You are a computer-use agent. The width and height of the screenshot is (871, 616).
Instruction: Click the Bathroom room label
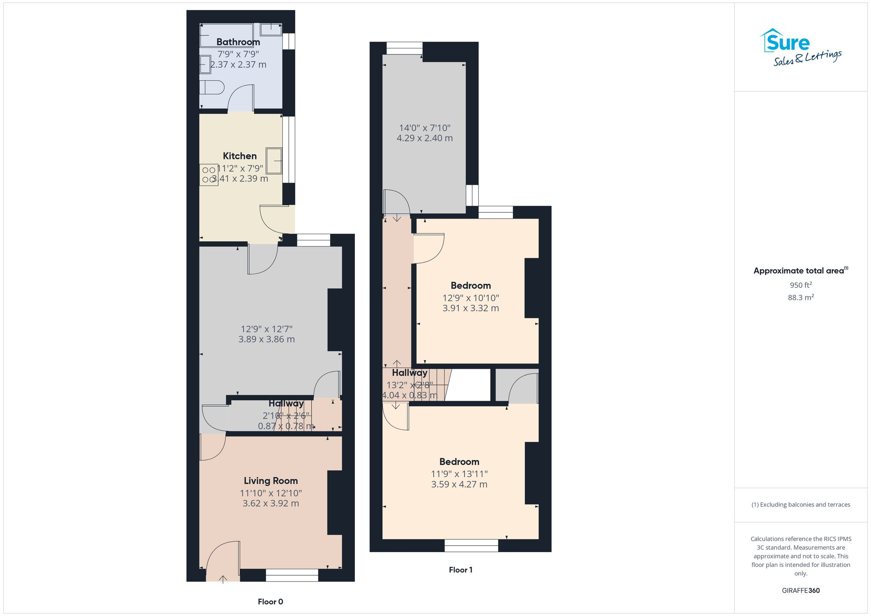click(x=238, y=42)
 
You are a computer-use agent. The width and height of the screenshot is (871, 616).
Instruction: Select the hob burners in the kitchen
click(x=209, y=175)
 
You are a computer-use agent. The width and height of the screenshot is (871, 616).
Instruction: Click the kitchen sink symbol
click(x=274, y=161)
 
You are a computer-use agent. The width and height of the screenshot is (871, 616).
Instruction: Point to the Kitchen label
click(x=240, y=156)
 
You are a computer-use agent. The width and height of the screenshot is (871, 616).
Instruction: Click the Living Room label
click(x=270, y=481)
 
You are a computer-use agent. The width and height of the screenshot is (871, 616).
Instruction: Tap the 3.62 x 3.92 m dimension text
click(x=270, y=504)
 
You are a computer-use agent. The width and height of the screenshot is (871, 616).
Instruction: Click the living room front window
click(x=292, y=575)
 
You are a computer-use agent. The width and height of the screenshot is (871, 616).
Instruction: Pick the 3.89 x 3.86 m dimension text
click(x=266, y=339)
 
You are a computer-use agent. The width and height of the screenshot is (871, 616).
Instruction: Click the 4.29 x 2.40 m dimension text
click(x=424, y=138)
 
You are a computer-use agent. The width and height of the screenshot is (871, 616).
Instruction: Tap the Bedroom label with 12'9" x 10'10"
click(x=470, y=286)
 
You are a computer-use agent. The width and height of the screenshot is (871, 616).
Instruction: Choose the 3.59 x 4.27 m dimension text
click(x=459, y=485)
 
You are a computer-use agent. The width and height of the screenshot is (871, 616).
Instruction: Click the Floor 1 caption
click(x=460, y=570)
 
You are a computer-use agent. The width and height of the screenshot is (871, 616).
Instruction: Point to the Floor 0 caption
click(x=270, y=602)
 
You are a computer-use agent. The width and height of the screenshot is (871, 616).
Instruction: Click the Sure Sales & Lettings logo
click(x=800, y=48)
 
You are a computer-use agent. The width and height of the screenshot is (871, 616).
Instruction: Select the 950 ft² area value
click(x=800, y=285)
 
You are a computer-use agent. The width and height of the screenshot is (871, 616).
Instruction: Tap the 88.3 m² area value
click(x=800, y=297)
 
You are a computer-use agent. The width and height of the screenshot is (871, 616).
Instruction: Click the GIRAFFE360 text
click(x=800, y=591)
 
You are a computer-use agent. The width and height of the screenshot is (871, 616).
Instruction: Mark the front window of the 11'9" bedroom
click(x=471, y=545)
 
